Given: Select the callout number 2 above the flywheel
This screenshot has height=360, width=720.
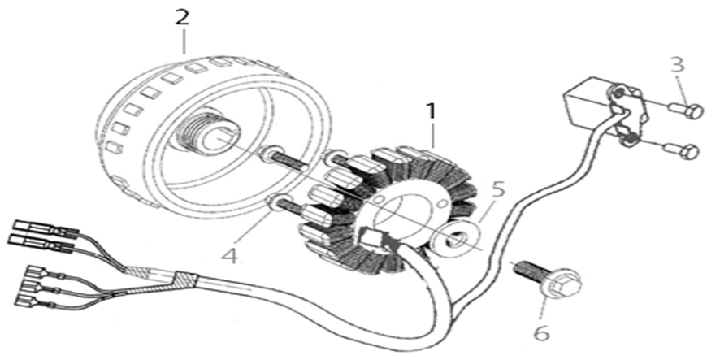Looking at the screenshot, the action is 182,17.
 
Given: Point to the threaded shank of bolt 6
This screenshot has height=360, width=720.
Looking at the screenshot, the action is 528,270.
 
